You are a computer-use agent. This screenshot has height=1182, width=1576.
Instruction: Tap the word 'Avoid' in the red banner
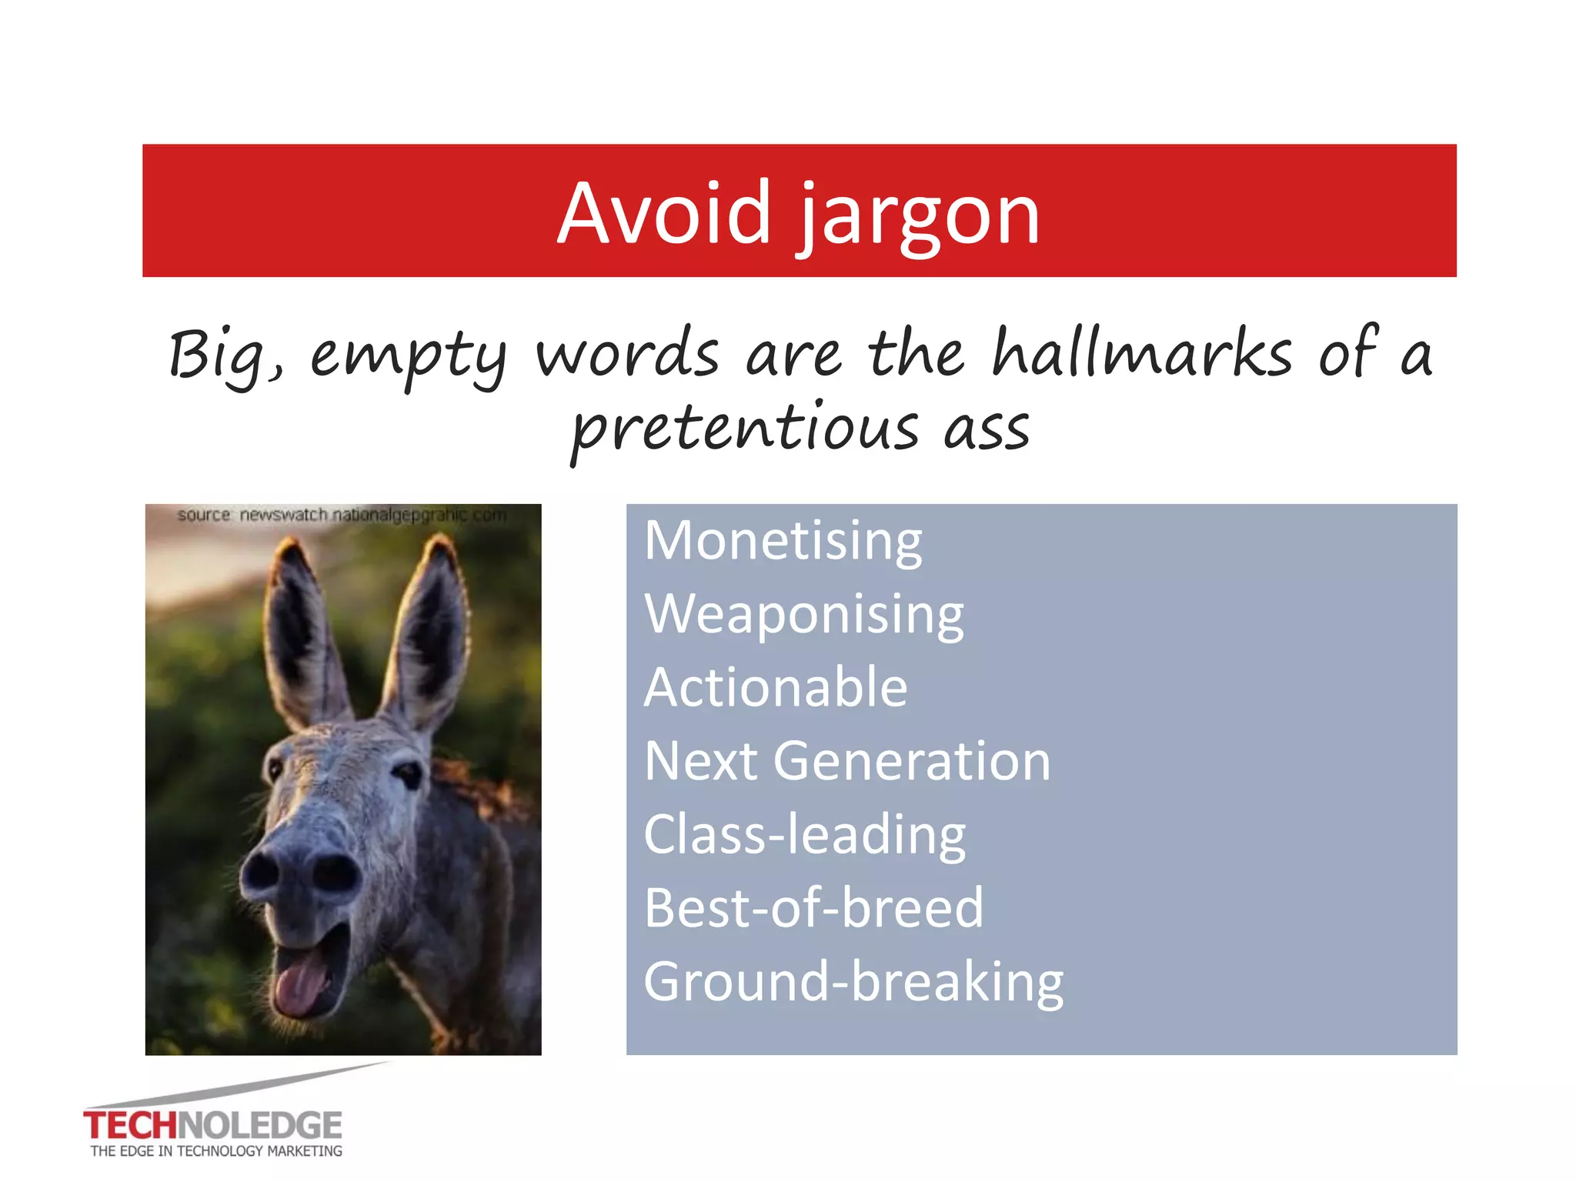pyautogui.click(x=663, y=213)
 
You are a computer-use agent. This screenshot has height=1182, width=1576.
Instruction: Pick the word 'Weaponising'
pyautogui.click(x=803, y=614)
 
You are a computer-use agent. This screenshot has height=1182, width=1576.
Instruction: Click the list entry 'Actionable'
pyautogui.click(x=775, y=687)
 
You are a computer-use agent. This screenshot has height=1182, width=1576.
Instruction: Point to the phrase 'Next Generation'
pyautogui.click(x=846, y=761)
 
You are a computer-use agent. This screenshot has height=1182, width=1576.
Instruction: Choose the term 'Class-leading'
pyautogui.click(x=804, y=834)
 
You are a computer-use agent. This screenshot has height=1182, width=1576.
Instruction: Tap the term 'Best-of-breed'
pyautogui.click(x=813, y=908)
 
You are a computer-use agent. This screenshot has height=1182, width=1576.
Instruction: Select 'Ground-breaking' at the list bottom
pyautogui.click(x=853, y=981)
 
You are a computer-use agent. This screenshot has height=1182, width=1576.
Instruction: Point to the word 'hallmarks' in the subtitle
pyautogui.click(x=1142, y=354)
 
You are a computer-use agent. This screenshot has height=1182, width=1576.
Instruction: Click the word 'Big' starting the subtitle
pyautogui.click(x=222, y=356)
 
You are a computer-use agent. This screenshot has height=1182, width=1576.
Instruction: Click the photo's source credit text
pyautogui.click(x=342, y=515)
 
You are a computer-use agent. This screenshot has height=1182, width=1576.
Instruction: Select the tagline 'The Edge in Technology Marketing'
pyautogui.click(x=216, y=1151)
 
